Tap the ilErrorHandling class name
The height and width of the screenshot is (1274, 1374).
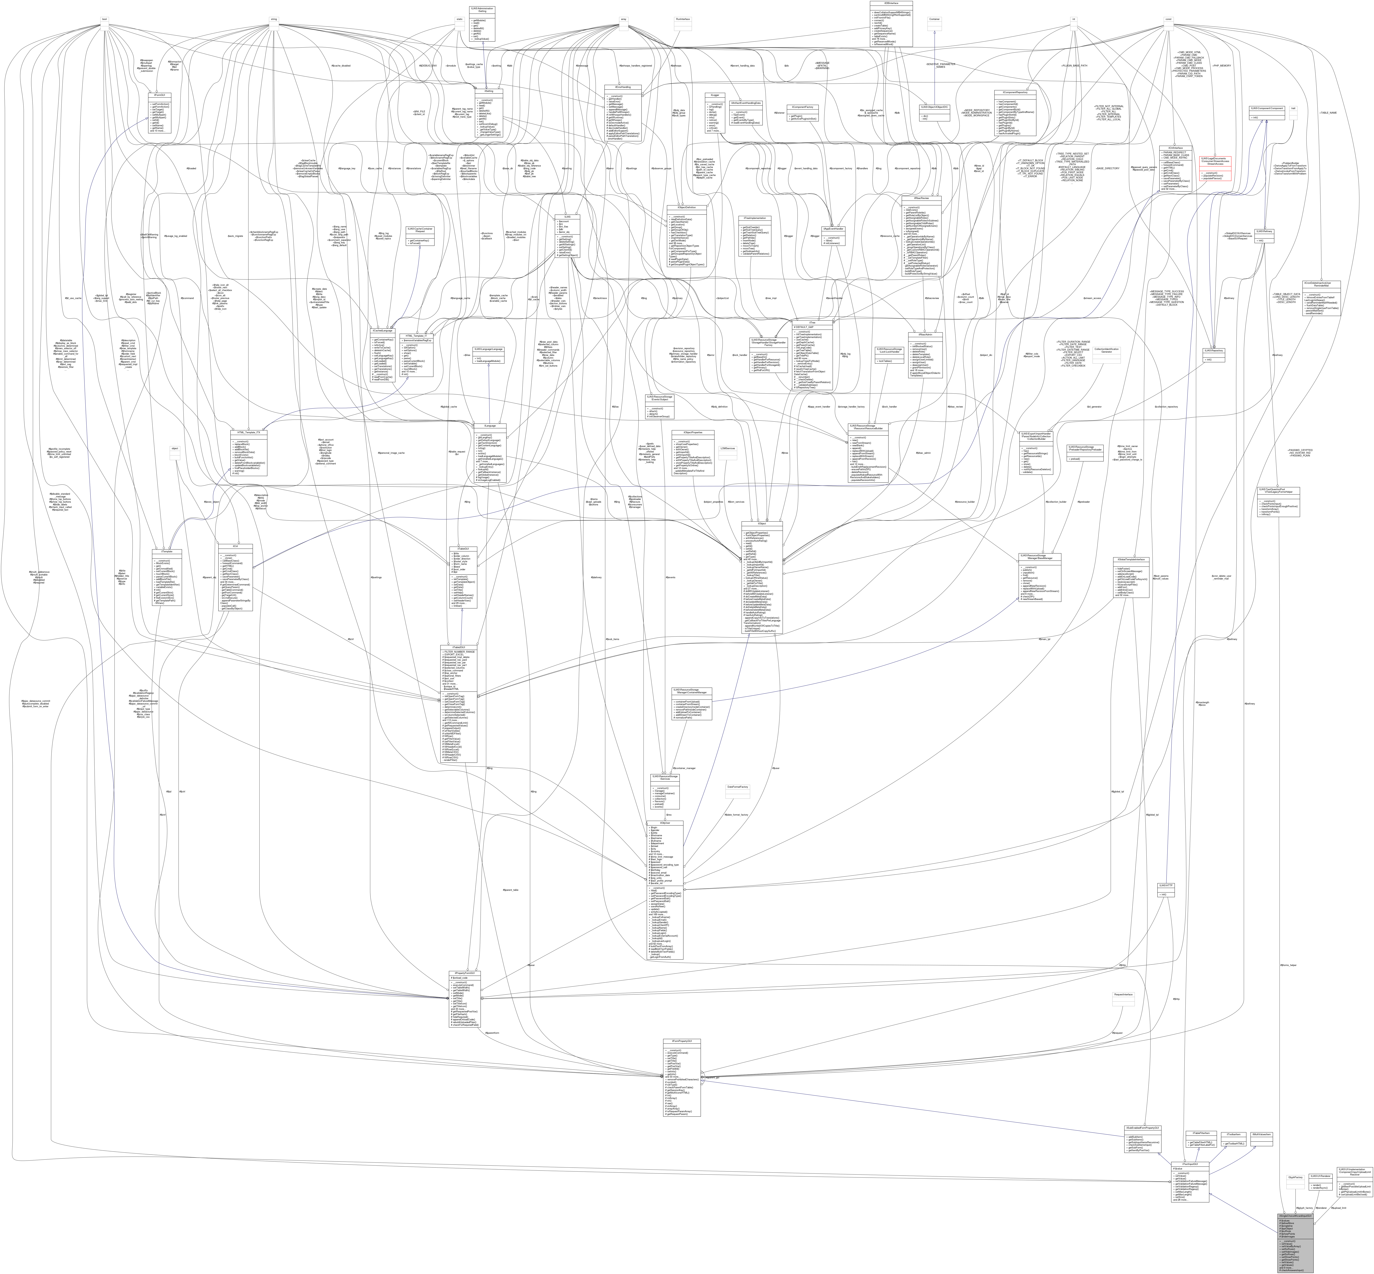[x=623, y=87]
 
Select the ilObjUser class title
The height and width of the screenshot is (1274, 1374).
[x=665, y=822]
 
